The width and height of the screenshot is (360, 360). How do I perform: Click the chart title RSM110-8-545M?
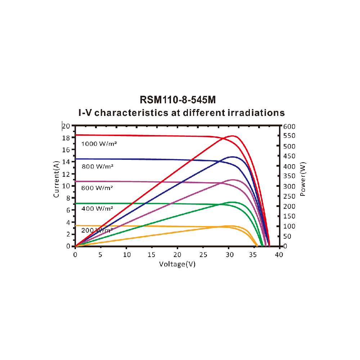point(180,99)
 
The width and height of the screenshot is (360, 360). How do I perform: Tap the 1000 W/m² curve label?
point(99,144)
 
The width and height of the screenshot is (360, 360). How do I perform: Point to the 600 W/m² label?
point(97,188)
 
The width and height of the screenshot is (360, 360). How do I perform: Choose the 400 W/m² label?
point(97,208)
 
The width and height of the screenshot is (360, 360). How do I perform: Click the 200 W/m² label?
point(97,230)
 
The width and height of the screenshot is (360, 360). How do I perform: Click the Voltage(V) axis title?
point(177,264)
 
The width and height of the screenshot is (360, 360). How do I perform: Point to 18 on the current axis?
point(66,138)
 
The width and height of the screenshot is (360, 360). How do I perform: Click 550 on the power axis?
point(289,136)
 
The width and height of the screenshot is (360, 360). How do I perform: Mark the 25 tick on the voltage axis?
point(203,255)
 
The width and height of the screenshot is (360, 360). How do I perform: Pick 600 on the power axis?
point(289,126)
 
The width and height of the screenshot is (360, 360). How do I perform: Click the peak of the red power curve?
point(233,136)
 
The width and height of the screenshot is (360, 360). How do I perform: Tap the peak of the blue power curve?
point(233,157)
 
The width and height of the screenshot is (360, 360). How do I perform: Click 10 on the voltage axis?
point(126,255)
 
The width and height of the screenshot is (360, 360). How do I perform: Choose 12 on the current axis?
point(66,174)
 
